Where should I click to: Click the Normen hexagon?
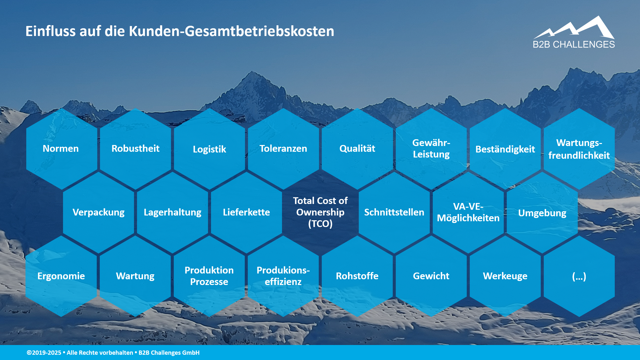click(x=61, y=149)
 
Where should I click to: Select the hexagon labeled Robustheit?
click(x=135, y=149)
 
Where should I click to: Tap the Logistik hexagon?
click(x=209, y=149)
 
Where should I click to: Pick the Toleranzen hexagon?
click(x=283, y=149)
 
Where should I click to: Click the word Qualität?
click(x=357, y=149)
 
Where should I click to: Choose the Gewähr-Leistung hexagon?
click(x=431, y=149)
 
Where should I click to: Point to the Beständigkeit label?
click(x=505, y=149)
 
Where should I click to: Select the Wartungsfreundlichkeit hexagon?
click(x=579, y=149)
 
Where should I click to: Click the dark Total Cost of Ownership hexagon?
click(x=320, y=212)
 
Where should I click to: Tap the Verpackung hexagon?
click(x=98, y=212)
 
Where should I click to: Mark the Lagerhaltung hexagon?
click(x=172, y=212)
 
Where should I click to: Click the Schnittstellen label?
click(x=394, y=212)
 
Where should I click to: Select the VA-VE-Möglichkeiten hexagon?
click(x=468, y=212)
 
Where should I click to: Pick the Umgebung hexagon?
click(x=542, y=213)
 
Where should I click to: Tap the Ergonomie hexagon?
click(x=61, y=276)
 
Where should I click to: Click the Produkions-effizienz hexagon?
click(x=283, y=276)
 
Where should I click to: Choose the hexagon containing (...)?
click(x=579, y=276)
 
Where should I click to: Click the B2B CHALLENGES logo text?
click(x=574, y=44)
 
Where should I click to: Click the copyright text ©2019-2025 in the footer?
click(x=44, y=353)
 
